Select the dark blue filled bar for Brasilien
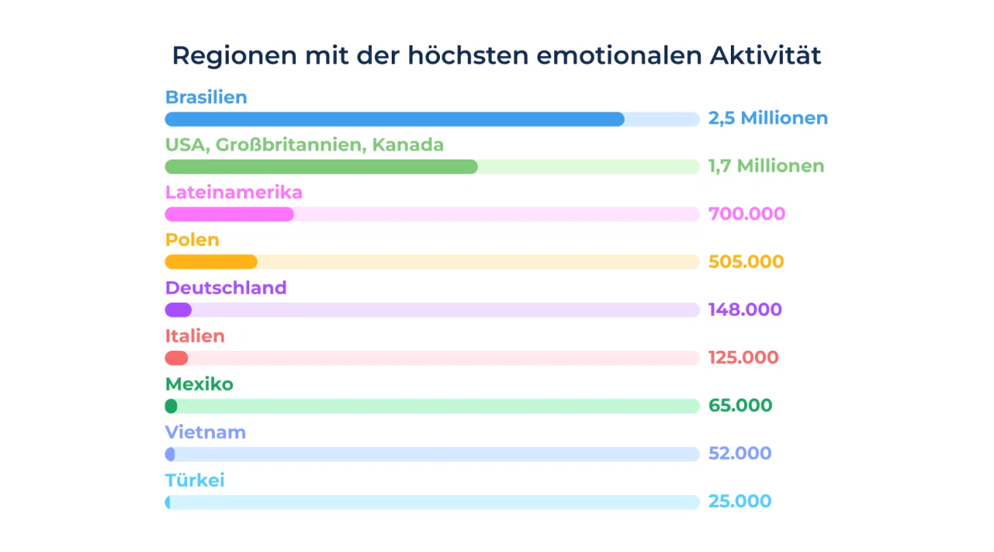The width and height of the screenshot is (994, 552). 395,119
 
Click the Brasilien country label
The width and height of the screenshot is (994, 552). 206,97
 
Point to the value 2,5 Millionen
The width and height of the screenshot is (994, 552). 767,118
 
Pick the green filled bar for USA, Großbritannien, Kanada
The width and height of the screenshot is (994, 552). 321,167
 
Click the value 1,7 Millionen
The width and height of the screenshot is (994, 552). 766,167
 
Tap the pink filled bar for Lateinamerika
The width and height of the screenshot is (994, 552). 229,214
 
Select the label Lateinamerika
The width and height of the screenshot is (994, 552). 234,193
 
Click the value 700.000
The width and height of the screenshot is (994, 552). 746,214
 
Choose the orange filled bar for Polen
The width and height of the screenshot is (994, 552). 211,262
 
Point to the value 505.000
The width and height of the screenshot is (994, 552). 745,262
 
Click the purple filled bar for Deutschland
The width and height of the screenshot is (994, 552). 178,310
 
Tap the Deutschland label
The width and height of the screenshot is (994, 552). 226,288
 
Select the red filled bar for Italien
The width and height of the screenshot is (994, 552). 176,358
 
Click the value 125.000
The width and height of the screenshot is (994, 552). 743,358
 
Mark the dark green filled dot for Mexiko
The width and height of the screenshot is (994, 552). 171,406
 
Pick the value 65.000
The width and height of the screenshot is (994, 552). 740,406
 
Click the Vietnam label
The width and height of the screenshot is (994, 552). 205,433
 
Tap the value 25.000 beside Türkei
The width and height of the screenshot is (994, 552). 740,502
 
